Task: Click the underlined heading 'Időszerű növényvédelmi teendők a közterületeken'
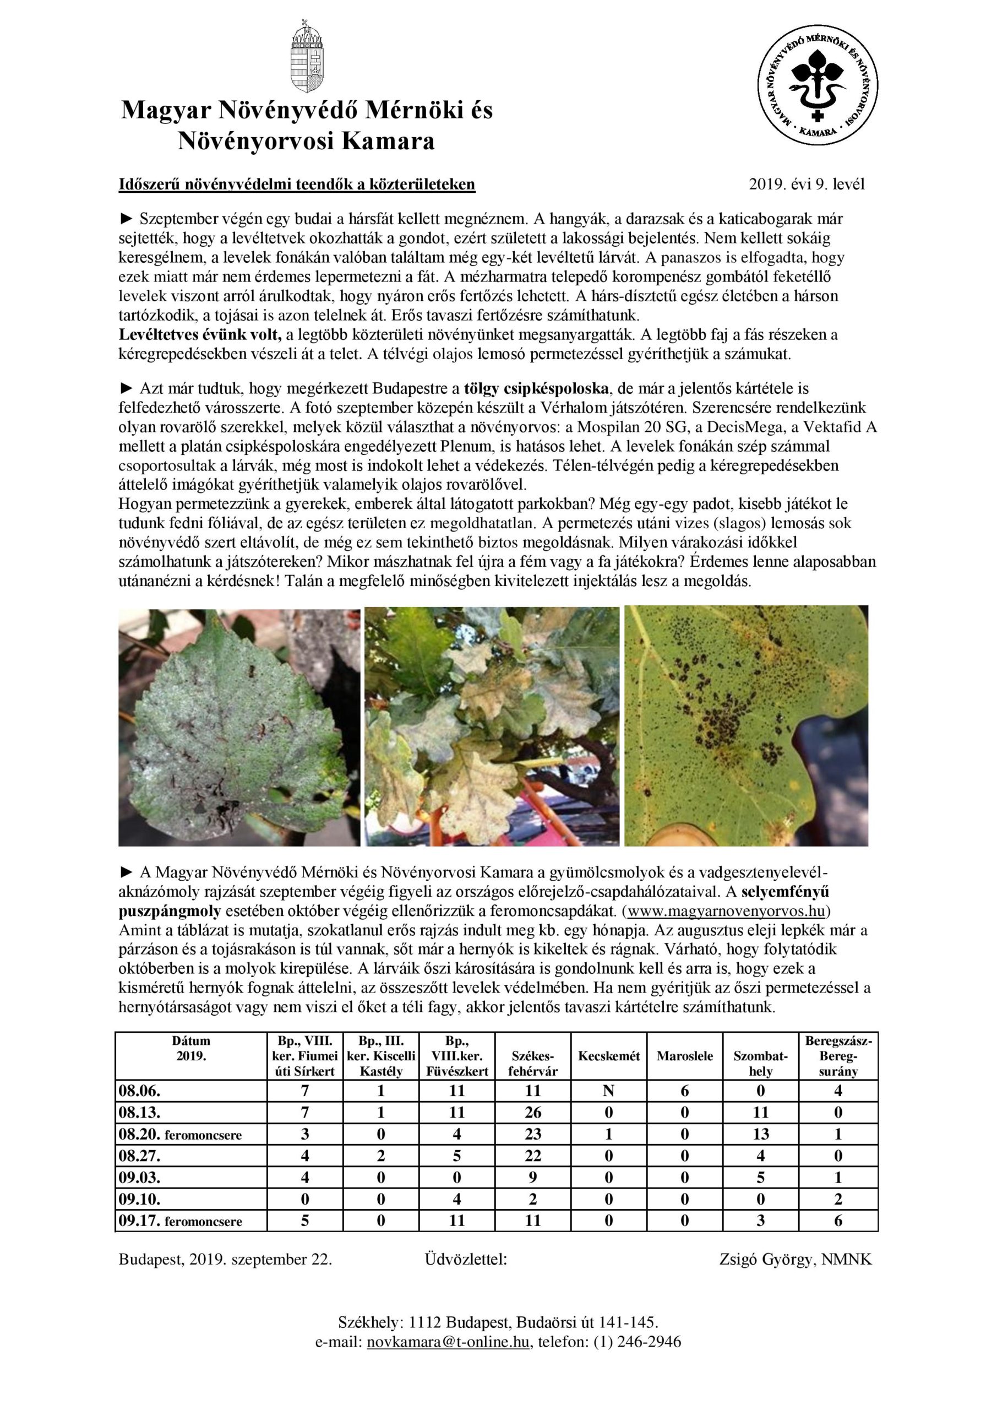pyautogui.click(x=297, y=184)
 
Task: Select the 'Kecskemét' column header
pyautogui.click(x=608, y=1056)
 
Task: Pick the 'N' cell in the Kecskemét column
pyautogui.click(x=608, y=1091)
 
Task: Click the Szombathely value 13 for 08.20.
pyautogui.click(x=761, y=1134)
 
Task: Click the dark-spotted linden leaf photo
pyautogui.click(x=239, y=726)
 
